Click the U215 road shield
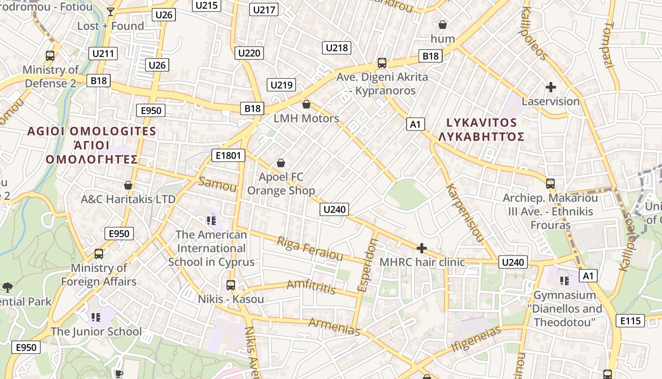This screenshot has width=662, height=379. coord(206,5)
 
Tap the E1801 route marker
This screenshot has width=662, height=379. coord(228,155)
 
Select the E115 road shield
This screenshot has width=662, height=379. coord(631,321)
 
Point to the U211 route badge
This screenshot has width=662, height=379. coord(103,54)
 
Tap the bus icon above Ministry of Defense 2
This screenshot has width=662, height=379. coord(50,56)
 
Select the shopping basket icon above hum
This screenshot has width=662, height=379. coord(443,25)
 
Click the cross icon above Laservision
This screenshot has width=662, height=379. coord(550,87)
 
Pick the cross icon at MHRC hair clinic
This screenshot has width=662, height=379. coord(421,248)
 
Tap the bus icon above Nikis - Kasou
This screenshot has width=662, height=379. coord(231,285)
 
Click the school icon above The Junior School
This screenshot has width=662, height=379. coord(96,317)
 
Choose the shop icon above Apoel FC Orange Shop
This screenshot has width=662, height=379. coord(281,163)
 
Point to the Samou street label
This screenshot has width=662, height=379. coord(218,184)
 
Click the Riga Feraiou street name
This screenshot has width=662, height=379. coord(310,249)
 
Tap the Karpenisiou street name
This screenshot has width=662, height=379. coord(465,213)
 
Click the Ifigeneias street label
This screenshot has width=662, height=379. coord(476,339)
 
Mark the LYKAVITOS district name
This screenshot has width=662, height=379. coord(481,123)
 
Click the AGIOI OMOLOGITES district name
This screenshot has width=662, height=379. coord(92,131)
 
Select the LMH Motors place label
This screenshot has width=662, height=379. coord(306,118)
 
